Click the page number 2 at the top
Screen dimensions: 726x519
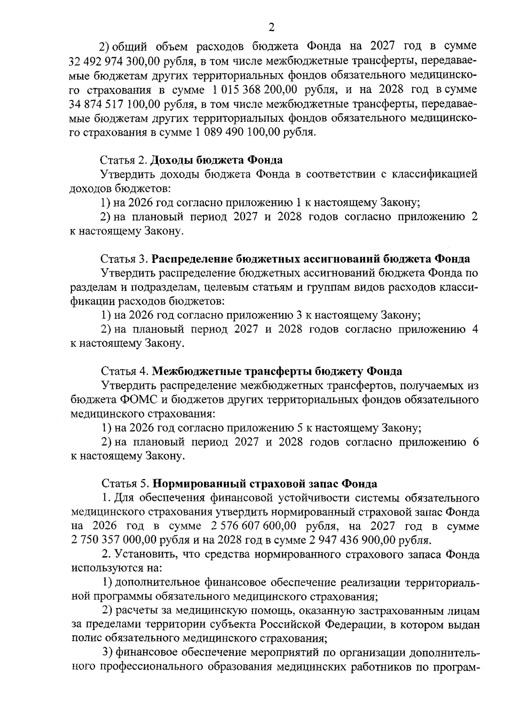click(x=272, y=28)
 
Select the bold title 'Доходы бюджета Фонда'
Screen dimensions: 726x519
click(x=216, y=160)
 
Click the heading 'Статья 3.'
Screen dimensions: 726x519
click(x=124, y=259)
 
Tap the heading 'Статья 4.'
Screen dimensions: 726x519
click(x=125, y=371)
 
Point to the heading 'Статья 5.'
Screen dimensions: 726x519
click(x=125, y=483)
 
